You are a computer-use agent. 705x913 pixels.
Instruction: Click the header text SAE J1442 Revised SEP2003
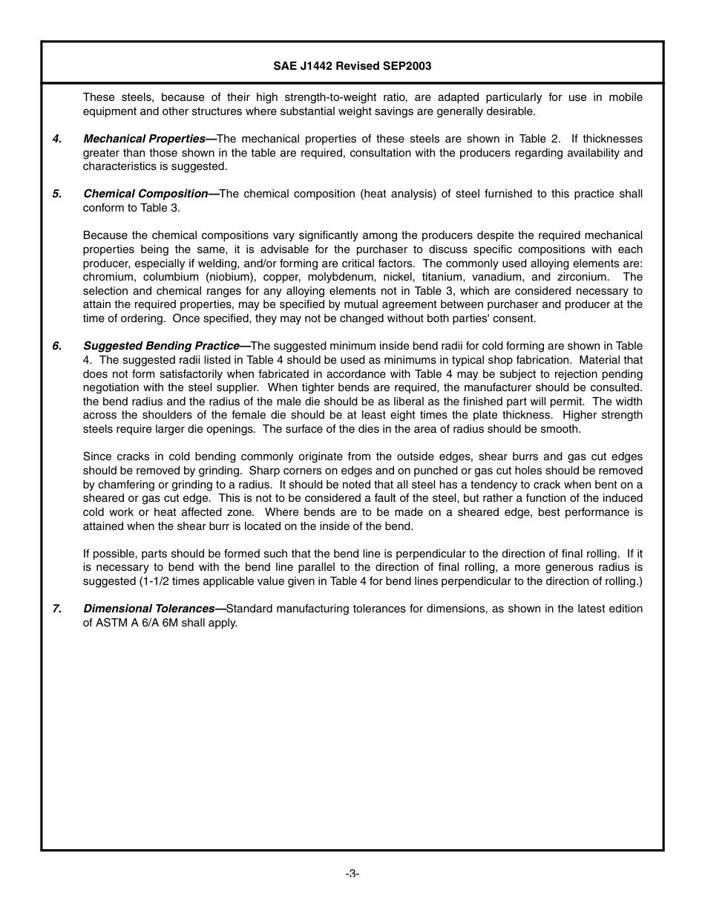coord(352,66)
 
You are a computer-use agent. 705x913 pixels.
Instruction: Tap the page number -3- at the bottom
coord(352,874)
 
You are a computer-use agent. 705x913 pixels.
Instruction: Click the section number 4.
coord(56,139)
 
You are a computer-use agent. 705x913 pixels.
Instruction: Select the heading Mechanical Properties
coord(144,139)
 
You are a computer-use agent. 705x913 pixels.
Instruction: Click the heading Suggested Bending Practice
coord(161,346)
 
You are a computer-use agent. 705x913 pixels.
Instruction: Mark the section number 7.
coord(56,609)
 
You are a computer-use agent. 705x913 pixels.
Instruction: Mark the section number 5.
coord(56,194)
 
